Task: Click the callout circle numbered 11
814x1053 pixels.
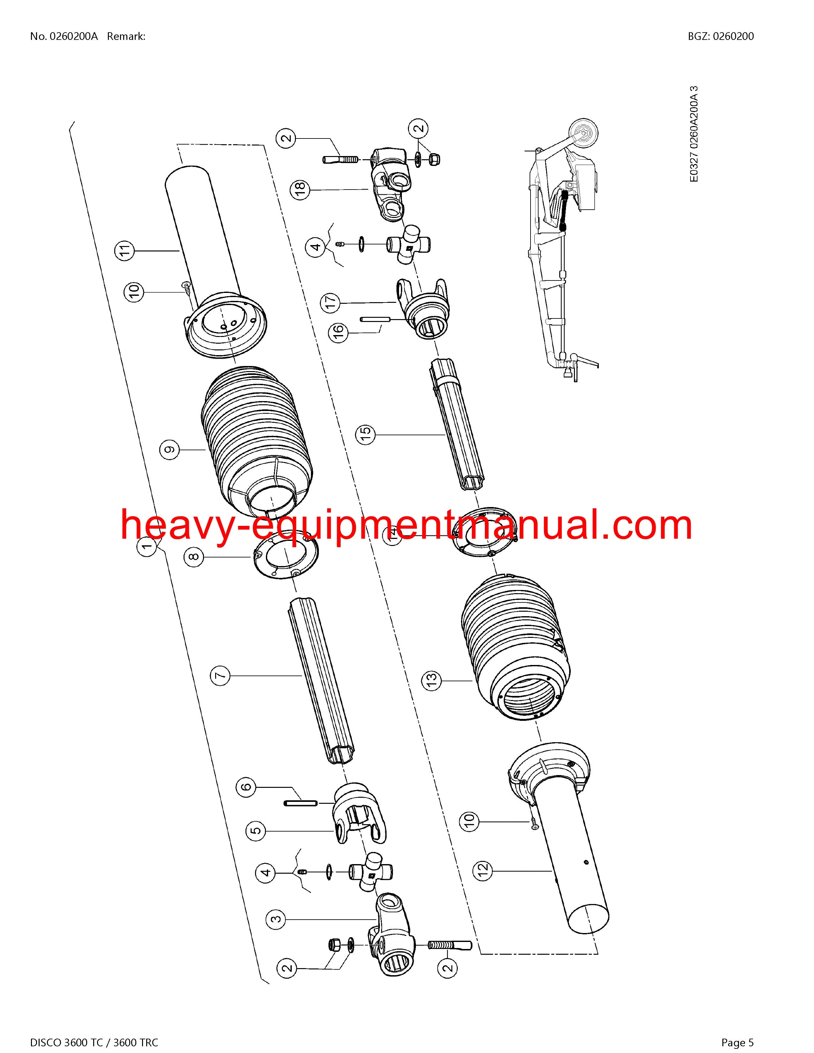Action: pyautogui.click(x=125, y=251)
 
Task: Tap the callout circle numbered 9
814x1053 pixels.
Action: pyautogui.click(x=169, y=450)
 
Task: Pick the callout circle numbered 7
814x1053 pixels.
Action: pyautogui.click(x=220, y=676)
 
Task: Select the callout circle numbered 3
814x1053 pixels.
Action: pyautogui.click(x=276, y=919)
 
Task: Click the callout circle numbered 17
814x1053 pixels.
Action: pyautogui.click(x=330, y=302)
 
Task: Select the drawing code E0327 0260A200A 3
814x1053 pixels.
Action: pyautogui.click(x=694, y=134)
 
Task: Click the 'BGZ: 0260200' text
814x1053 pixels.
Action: pyautogui.click(x=721, y=36)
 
